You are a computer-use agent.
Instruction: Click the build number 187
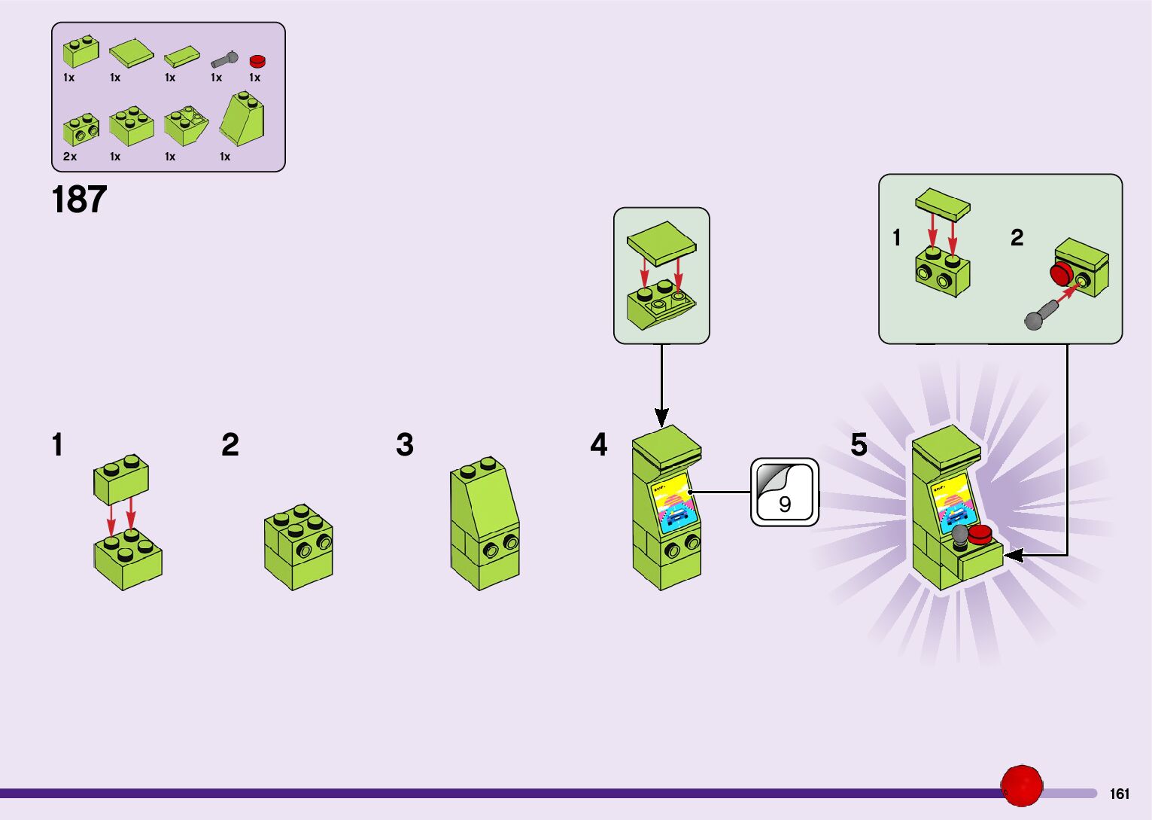[79, 200]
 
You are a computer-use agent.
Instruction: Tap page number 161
[1119, 794]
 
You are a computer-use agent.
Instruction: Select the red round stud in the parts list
[258, 62]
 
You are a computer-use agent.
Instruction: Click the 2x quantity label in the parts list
[70, 157]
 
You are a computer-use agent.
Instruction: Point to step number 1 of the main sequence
[57, 445]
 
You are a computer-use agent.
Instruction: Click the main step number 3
[405, 445]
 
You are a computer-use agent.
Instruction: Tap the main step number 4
[598, 444]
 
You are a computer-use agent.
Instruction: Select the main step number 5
[859, 444]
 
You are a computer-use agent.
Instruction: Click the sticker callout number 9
[785, 503]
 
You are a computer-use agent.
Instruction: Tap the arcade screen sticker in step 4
[675, 504]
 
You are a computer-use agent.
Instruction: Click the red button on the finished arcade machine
[980, 535]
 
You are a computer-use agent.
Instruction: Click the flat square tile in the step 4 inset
[661, 242]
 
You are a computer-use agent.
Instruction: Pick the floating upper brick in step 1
[121, 479]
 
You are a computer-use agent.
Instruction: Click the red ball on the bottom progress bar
[1021, 786]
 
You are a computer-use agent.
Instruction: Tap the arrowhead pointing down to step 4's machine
[661, 416]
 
